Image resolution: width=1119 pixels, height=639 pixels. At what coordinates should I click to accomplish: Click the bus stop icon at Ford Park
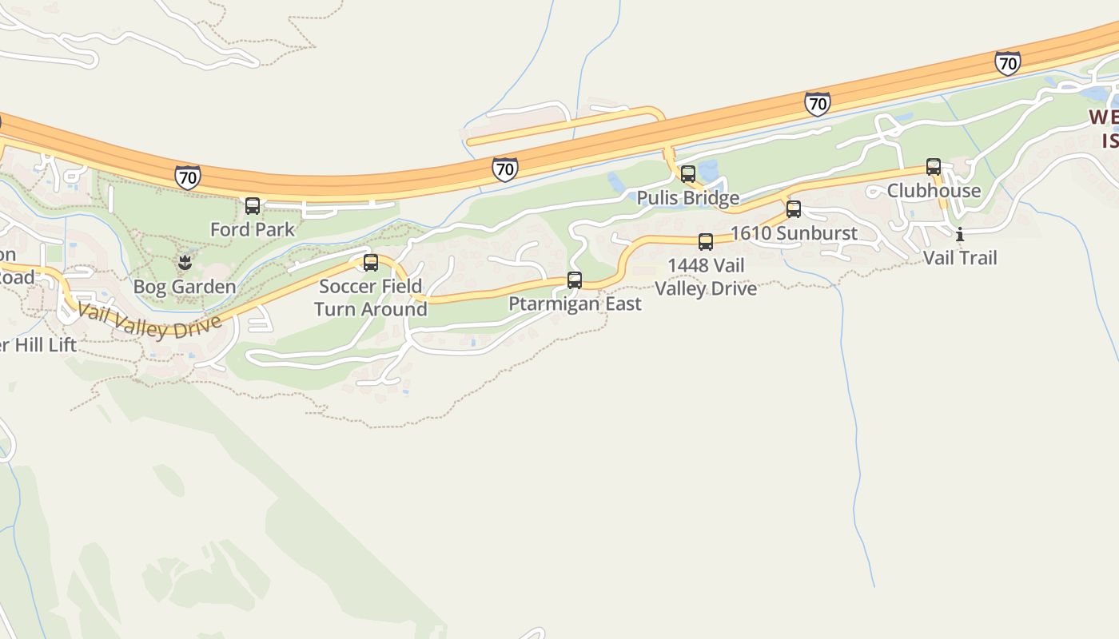[x=253, y=206]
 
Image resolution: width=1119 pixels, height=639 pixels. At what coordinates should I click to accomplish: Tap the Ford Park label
[x=253, y=230]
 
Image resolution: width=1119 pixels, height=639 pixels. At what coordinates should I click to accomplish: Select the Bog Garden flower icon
[x=185, y=262]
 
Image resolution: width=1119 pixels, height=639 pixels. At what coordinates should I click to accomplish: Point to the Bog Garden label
[x=185, y=287]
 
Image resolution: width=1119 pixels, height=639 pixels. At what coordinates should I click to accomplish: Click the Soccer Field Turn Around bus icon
[x=371, y=263]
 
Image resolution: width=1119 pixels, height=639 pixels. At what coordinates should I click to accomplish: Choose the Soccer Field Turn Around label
[x=371, y=298]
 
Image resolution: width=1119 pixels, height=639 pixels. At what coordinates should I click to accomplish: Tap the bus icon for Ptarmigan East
[x=575, y=280]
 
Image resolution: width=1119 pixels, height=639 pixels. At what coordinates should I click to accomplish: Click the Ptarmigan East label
[x=575, y=304]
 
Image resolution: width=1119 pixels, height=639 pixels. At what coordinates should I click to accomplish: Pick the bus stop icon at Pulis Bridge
[x=688, y=174]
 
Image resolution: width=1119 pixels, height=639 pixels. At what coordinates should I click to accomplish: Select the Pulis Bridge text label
[x=688, y=198]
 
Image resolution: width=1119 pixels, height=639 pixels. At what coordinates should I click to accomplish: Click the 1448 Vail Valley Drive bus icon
[x=706, y=242]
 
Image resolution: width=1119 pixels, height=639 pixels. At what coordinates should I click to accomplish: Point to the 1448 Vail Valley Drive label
[x=706, y=277]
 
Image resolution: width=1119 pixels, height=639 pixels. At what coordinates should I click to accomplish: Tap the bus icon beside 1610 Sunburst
[x=794, y=209]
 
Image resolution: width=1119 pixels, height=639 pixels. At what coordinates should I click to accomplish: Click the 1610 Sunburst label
[x=794, y=233]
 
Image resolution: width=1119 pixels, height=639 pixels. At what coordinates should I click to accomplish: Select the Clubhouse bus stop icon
[x=934, y=167]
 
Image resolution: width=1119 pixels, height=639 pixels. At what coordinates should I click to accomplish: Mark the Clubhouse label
[x=934, y=191]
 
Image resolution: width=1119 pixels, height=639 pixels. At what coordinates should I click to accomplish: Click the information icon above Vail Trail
[x=960, y=234]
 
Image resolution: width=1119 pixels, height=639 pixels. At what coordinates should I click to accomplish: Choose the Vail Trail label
[x=960, y=258]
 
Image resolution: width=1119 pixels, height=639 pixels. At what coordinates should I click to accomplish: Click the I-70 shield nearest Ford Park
[x=188, y=177]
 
